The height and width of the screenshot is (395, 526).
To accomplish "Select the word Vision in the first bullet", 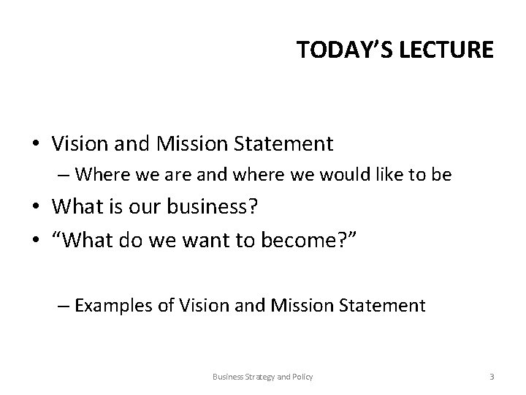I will point(79,143).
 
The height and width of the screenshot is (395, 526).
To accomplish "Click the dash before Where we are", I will point(64,175).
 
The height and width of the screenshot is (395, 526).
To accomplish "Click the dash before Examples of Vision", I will point(64,304).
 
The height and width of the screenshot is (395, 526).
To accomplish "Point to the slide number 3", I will point(492,377).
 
